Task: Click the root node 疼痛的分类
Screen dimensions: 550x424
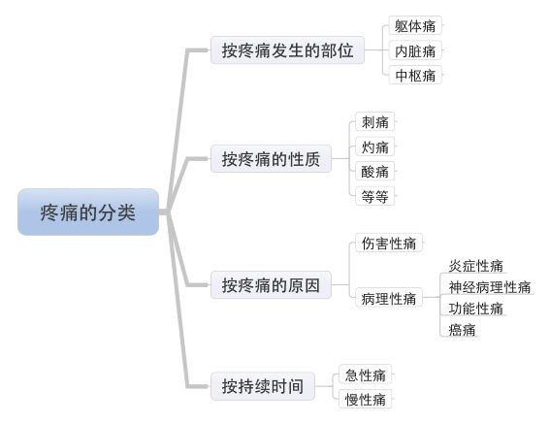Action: click(88, 212)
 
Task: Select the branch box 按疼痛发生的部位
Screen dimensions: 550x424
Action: click(287, 50)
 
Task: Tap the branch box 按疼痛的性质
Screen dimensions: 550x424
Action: click(271, 159)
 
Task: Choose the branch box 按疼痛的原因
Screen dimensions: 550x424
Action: click(271, 284)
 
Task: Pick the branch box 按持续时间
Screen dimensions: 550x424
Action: click(263, 386)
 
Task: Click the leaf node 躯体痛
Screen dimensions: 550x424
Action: click(415, 25)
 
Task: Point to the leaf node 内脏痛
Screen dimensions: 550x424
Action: click(415, 50)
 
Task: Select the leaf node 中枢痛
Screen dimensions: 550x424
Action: click(415, 75)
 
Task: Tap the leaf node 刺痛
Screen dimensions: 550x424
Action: click(375, 122)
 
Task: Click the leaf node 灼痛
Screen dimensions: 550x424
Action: click(375, 147)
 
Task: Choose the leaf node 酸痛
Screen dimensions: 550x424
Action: click(375, 172)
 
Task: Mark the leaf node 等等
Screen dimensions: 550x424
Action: click(375, 196)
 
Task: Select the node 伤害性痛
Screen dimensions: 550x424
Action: click(389, 243)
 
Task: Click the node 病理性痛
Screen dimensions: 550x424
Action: click(389, 298)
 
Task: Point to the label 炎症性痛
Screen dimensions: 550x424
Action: click(476, 266)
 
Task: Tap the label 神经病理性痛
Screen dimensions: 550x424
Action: click(490, 287)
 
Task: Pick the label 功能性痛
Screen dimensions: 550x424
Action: click(476, 309)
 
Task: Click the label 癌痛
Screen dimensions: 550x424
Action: click(463, 330)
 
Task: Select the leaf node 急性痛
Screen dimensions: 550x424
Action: click(365, 375)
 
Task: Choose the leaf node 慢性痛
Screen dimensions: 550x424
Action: click(365, 399)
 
